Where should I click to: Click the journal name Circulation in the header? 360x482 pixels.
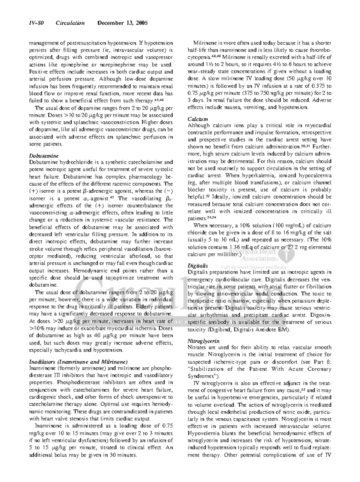pyautogui.click(x=70, y=23)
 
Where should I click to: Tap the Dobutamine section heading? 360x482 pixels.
pyautogui.click(x=44, y=156)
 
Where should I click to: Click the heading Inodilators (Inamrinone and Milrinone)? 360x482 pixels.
pyautogui.click(x=79, y=361)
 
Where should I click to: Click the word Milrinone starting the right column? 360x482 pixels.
pyautogui.click(x=204, y=43)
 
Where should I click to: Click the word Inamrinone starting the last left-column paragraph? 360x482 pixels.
pyautogui.click(x=47, y=426)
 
